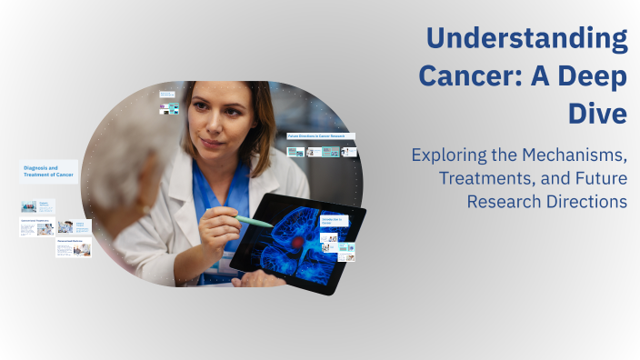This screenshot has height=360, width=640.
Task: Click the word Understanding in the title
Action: pyautogui.click(x=527, y=39)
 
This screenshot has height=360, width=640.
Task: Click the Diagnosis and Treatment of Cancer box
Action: pyautogui.click(x=48, y=172)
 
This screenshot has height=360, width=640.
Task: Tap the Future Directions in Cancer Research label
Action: pyautogui.click(x=320, y=136)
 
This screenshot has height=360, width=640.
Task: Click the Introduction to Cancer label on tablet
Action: pyautogui.click(x=332, y=221)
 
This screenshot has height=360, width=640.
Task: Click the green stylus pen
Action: pyautogui.click(x=254, y=221)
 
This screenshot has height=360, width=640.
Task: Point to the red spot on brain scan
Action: pyautogui.click(x=296, y=244)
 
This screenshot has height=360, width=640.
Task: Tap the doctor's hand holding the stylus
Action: pyautogui.click(x=218, y=227)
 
